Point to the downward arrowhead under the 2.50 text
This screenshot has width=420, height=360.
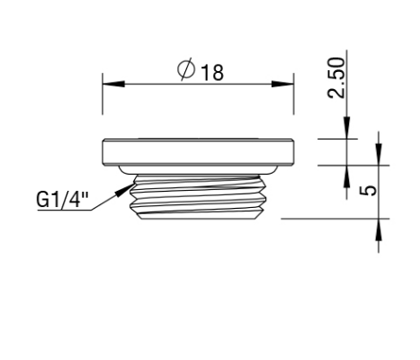coord(346,132)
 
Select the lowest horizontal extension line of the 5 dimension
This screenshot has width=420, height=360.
coord(333,217)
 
